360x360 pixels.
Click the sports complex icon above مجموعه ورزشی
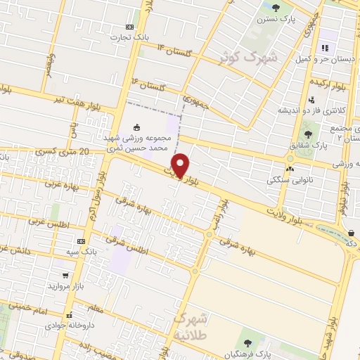click(x=136, y=127)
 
